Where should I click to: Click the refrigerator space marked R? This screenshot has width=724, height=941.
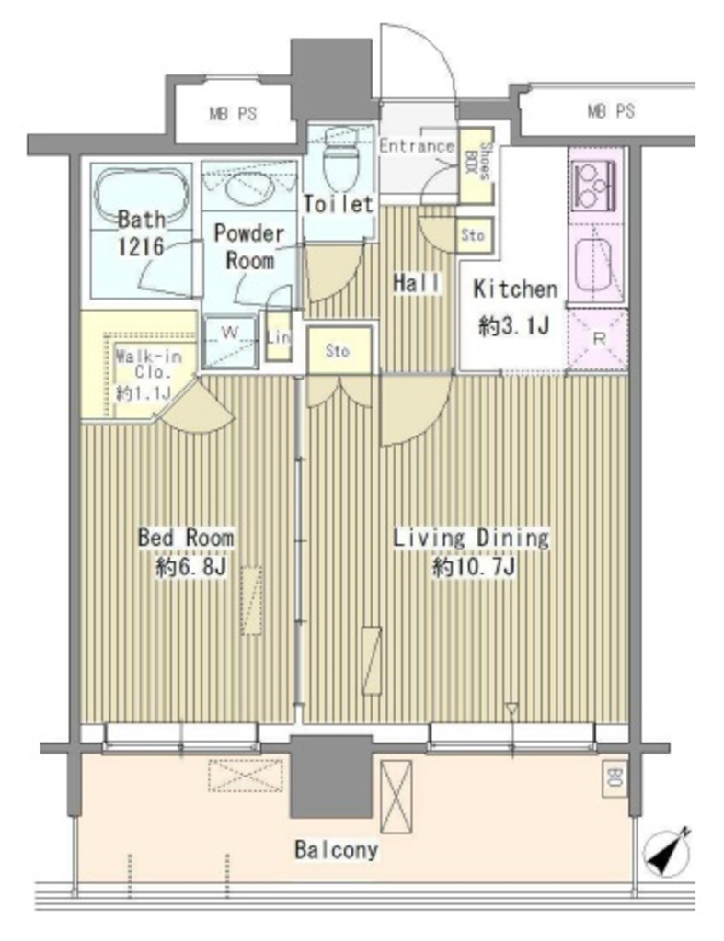[598, 339]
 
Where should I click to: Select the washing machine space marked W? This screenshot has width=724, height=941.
[231, 340]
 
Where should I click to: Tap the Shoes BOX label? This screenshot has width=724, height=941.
[477, 161]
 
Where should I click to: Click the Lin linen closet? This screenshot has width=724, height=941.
[279, 336]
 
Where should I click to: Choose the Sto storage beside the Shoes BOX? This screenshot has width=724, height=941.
[474, 234]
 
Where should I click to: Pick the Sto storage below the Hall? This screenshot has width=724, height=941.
[339, 350]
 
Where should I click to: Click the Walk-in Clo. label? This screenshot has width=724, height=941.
[148, 364]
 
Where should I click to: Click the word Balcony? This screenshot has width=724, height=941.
[337, 850]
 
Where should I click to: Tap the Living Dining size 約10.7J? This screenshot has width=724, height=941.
[473, 566]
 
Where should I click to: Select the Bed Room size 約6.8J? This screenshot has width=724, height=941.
[190, 566]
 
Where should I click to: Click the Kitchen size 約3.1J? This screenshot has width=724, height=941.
[514, 326]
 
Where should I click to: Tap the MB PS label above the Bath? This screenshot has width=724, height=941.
[233, 113]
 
